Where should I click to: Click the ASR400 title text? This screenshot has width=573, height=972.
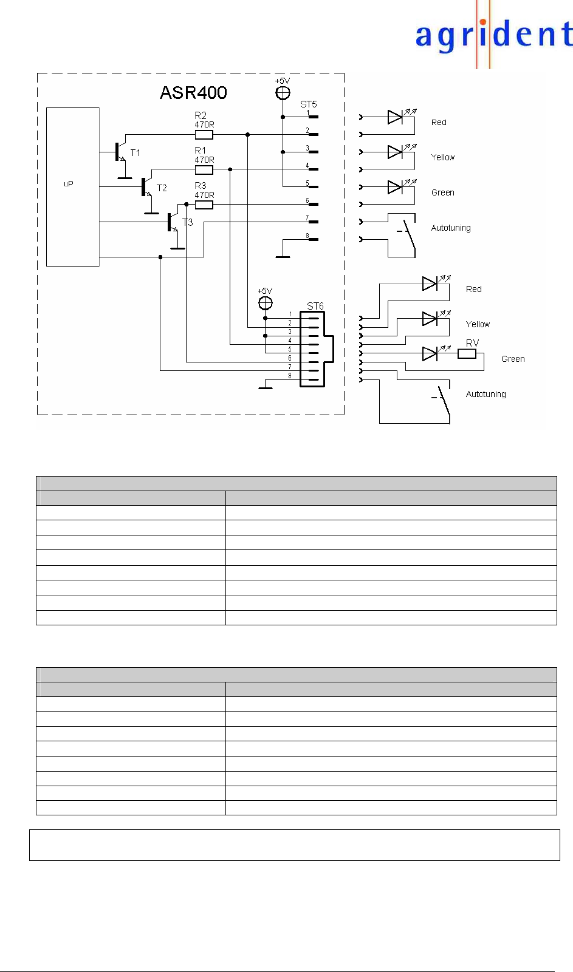pyautogui.click(x=193, y=93)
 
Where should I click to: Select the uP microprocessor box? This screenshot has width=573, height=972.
pyautogui.click(x=73, y=186)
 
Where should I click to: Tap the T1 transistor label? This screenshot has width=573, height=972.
pyautogui.click(x=136, y=153)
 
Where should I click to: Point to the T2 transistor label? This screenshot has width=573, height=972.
pyautogui.click(x=162, y=188)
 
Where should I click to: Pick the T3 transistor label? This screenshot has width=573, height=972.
pyautogui.click(x=188, y=223)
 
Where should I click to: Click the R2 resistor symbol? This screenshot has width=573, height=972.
pyautogui.click(x=204, y=135)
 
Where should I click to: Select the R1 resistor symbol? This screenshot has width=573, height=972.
pyautogui.click(x=204, y=170)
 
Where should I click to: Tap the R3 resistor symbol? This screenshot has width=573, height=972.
pyautogui.click(x=204, y=205)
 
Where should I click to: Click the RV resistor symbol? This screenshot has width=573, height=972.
pyautogui.click(x=467, y=353)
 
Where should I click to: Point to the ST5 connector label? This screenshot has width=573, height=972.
pyautogui.click(x=308, y=104)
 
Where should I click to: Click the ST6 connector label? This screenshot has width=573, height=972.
pyautogui.click(x=315, y=306)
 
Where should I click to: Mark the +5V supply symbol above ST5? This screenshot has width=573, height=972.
pyautogui.click(x=283, y=93)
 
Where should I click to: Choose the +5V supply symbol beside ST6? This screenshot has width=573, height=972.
pyautogui.click(x=266, y=303)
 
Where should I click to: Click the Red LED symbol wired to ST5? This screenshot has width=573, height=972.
pyautogui.click(x=395, y=117)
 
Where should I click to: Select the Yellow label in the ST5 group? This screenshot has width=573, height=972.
pyautogui.click(x=443, y=157)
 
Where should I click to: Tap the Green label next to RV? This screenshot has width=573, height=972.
pyautogui.click(x=513, y=359)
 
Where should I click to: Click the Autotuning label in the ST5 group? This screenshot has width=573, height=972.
pyautogui.click(x=451, y=228)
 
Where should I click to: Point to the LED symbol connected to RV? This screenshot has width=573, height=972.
pyautogui.click(x=430, y=353)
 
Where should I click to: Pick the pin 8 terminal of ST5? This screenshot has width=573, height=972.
pyautogui.click(x=313, y=239)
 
